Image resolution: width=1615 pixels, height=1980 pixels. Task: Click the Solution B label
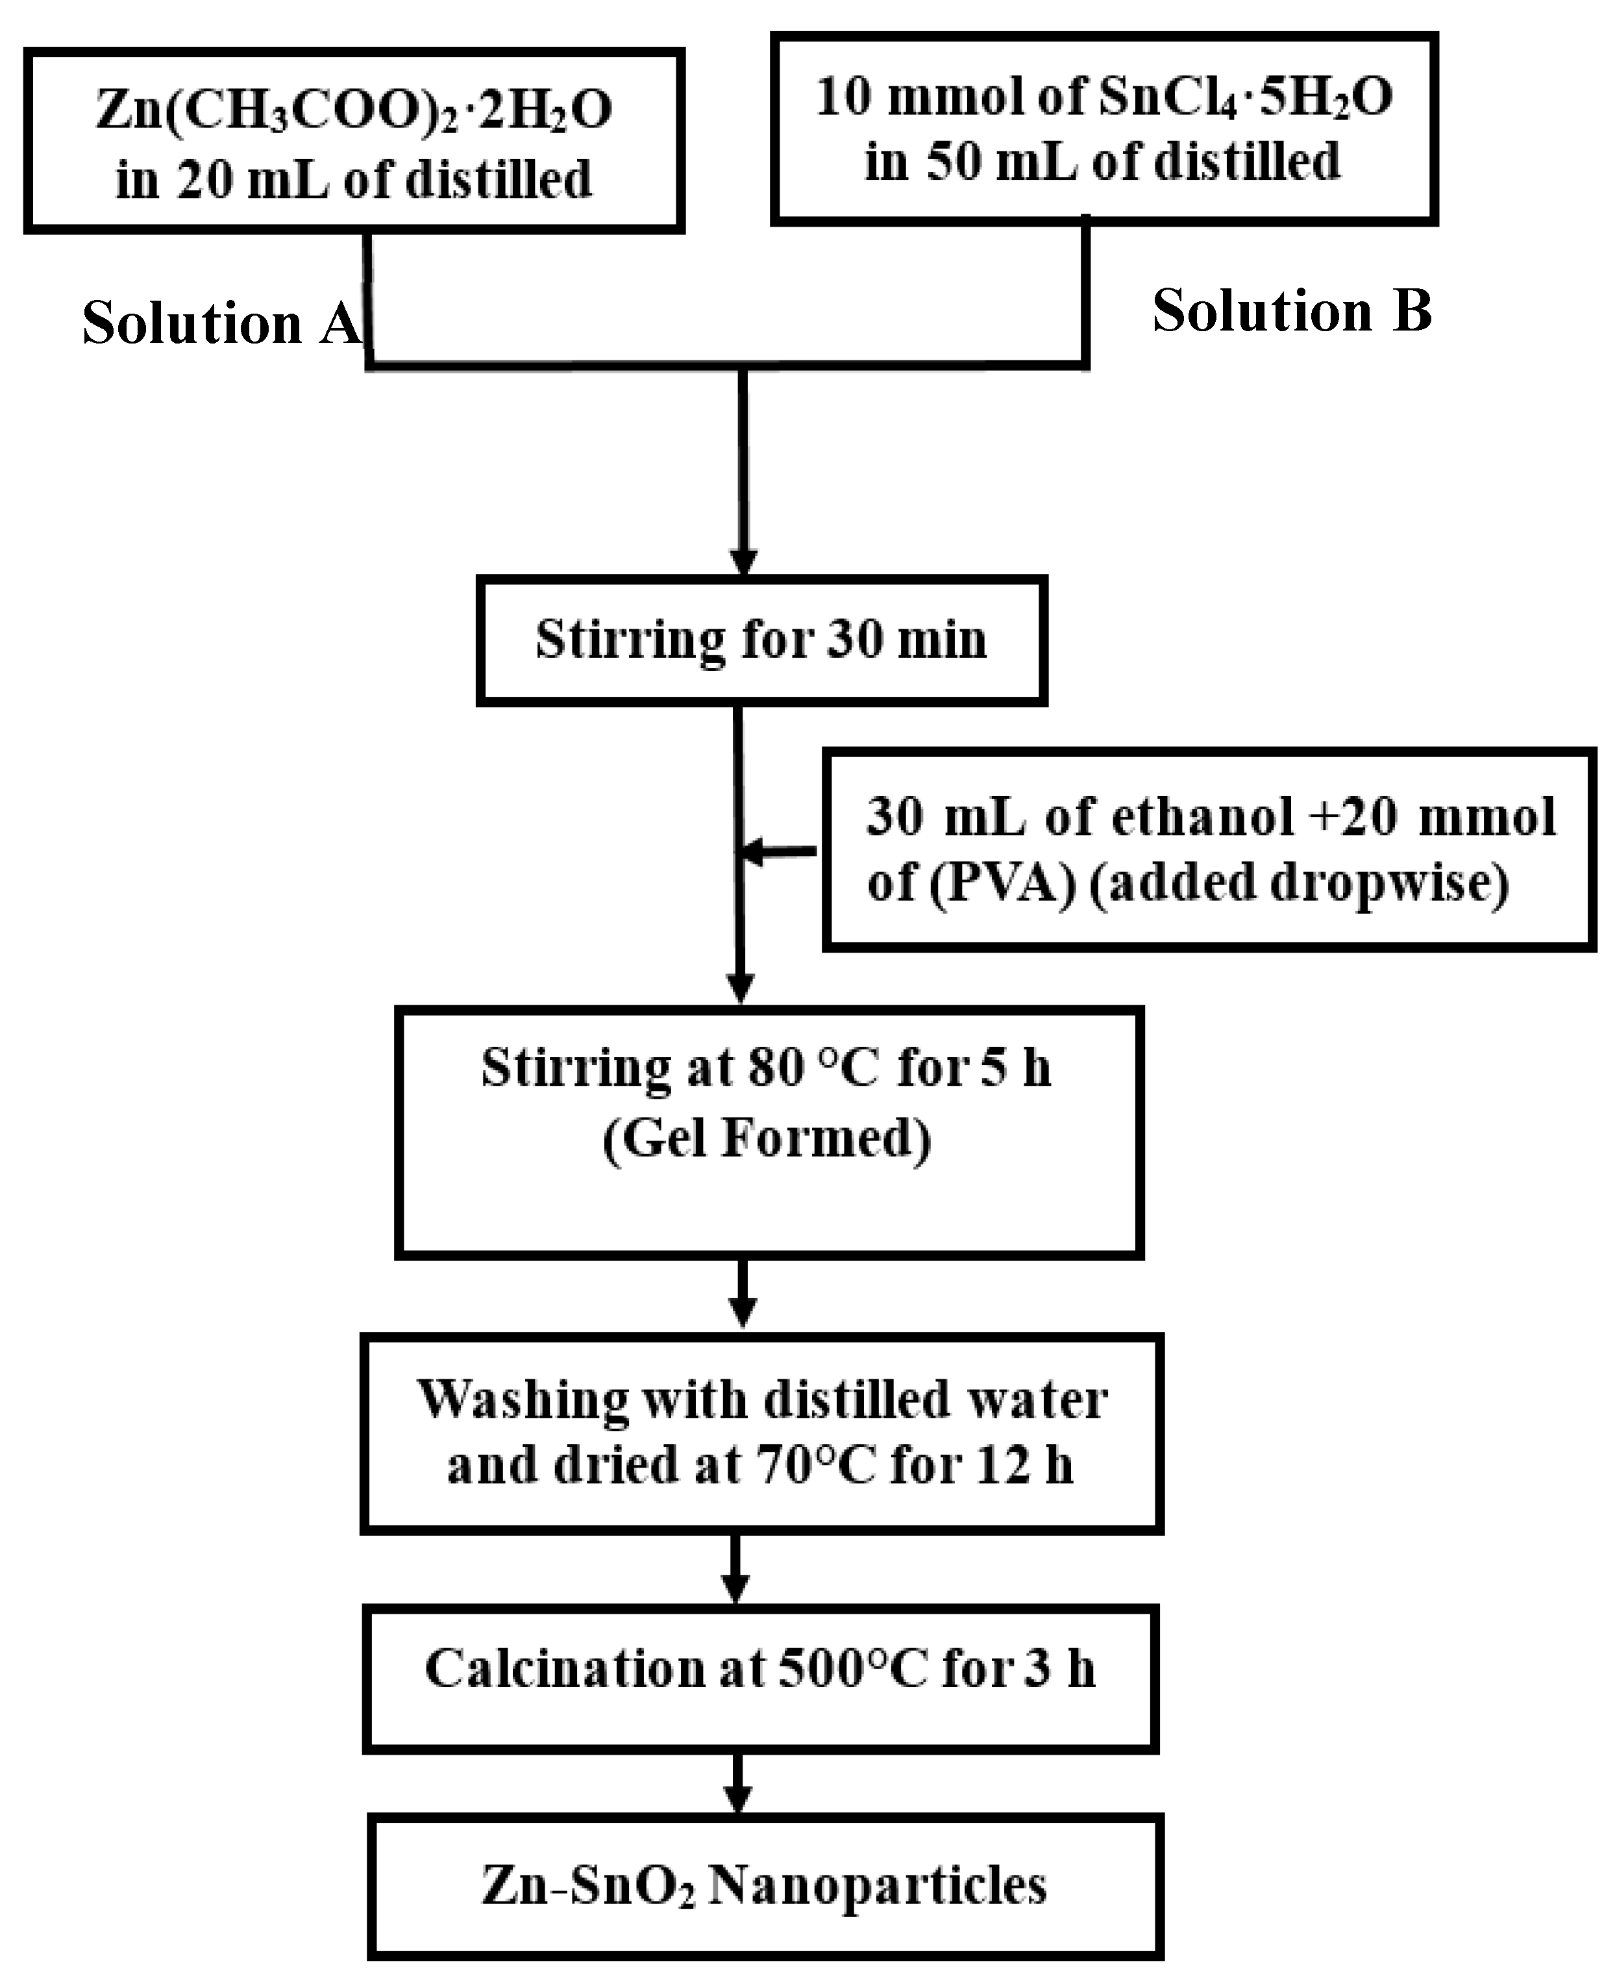1291,311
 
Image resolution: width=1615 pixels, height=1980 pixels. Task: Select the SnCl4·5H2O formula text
1245,97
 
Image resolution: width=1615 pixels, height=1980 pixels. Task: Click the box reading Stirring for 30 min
761,641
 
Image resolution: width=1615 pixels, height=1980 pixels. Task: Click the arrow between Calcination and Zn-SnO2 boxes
738,1786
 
